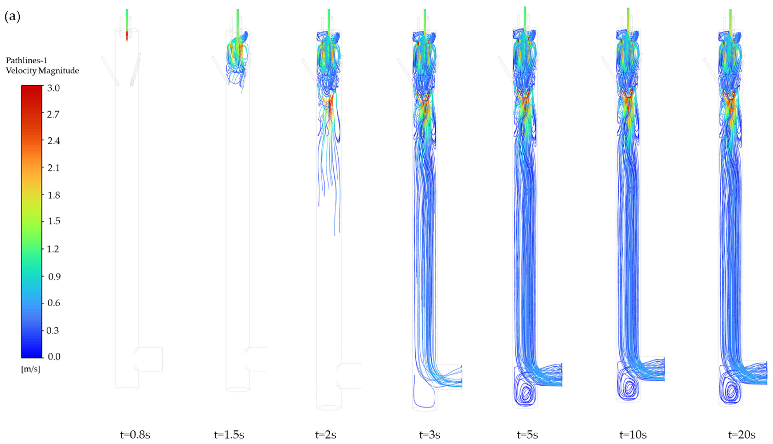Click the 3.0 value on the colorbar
54,88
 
